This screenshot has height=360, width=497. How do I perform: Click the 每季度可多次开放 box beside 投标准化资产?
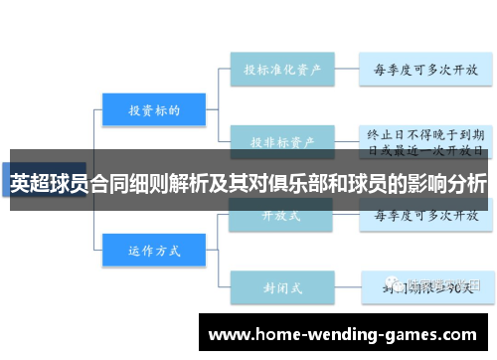click(x=425, y=71)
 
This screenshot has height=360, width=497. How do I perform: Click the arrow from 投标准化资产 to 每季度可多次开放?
click(x=345, y=71)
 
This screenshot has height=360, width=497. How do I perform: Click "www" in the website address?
click(x=228, y=335)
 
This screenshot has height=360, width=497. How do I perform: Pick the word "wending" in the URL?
click(x=343, y=335)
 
